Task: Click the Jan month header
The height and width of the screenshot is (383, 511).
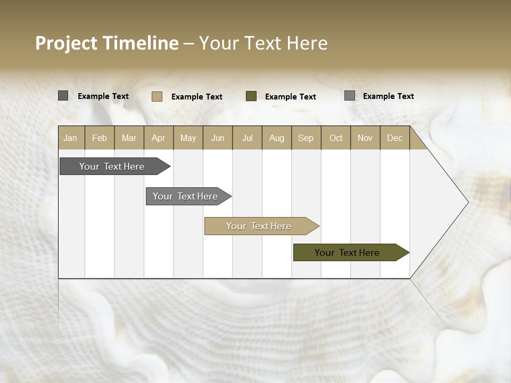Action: (71, 138)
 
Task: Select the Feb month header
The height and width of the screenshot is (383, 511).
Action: (100, 138)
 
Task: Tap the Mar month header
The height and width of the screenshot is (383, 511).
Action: (129, 138)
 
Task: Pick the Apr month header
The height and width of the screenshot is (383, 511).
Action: (159, 138)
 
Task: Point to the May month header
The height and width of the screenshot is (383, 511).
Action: (188, 138)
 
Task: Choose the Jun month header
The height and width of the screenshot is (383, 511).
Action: (218, 138)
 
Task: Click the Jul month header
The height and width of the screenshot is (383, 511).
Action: (247, 138)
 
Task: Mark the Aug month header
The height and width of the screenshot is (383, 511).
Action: (277, 138)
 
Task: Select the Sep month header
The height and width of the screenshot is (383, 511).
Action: (306, 138)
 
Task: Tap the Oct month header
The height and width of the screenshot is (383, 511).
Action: (336, 138)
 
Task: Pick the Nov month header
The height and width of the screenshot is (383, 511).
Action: (365, 138)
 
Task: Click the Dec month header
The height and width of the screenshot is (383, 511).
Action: (395, 138)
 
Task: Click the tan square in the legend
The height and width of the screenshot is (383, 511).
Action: (157, 96)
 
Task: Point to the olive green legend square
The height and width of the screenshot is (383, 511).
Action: (251, 96)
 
